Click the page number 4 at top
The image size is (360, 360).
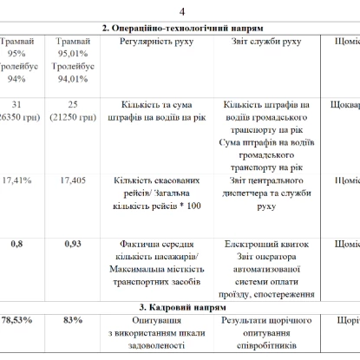(x=181, y=10)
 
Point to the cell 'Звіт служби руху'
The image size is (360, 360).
(x=267, y=41)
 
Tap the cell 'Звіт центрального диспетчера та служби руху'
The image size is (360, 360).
(x=267, y=193)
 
